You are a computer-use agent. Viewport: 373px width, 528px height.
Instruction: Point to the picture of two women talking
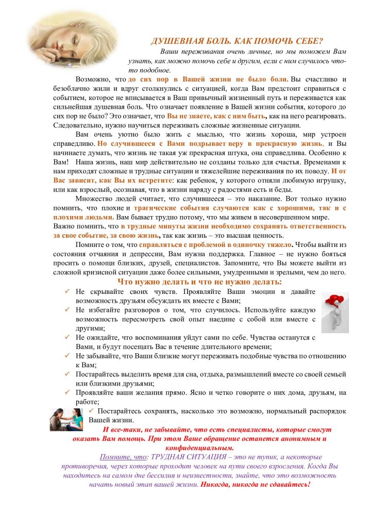(x=67, y=419)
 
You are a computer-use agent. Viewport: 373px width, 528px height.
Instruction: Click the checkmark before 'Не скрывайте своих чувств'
(x=67, y=291)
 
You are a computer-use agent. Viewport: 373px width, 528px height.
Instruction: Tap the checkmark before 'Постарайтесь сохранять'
(x=91, y=410)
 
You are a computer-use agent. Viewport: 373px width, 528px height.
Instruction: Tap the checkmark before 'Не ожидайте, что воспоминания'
(x=67, y=337)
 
